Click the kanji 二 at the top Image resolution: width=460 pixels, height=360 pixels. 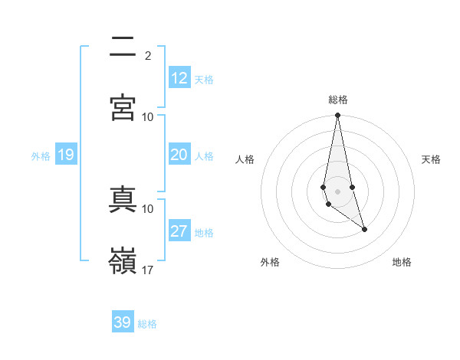123,48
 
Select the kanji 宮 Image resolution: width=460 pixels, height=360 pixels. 123,108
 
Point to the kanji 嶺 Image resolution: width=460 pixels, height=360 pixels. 123,260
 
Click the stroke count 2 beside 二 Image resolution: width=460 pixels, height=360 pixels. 148,55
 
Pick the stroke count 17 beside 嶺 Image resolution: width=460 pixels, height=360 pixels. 148,270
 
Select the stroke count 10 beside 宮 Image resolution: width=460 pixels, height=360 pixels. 148,116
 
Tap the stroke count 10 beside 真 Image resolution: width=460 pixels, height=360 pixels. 148,208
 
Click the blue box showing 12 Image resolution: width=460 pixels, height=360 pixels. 179,78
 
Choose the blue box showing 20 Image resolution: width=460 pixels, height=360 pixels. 179,155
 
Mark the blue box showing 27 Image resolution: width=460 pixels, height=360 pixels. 179,231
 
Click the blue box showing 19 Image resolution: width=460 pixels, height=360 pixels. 66,155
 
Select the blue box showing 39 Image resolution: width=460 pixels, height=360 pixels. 123,322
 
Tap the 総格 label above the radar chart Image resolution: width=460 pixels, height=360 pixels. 338,100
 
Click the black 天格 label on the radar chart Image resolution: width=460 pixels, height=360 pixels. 432,159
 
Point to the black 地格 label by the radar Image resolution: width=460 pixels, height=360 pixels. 402,262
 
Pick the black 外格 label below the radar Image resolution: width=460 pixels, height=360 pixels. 270,262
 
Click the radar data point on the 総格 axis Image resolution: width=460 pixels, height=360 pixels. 337,116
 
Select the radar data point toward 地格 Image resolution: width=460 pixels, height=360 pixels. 364,229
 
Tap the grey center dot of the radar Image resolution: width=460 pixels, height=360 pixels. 337,191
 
